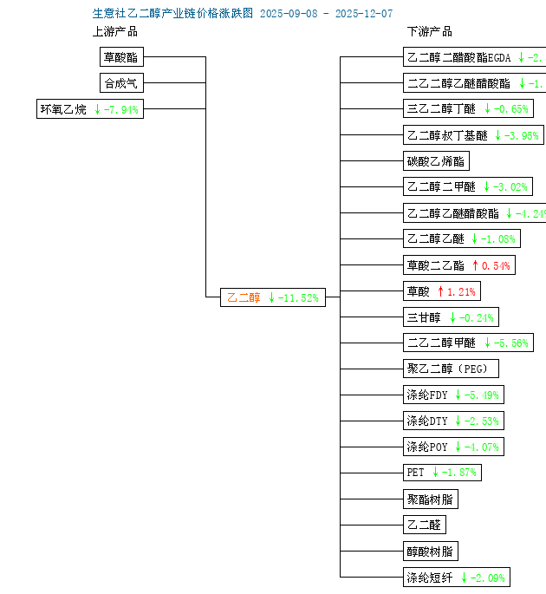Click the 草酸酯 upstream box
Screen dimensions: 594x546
click(120, 58)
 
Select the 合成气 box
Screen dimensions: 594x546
click(120, 84)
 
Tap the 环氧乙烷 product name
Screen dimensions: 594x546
click(63, 110)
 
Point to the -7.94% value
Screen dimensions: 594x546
click(120, 110)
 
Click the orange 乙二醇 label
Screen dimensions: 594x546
click(244, 298)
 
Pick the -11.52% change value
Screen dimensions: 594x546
click(298, 298)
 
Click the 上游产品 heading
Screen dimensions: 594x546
click(114, 32)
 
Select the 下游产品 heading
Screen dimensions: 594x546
click(429, 32)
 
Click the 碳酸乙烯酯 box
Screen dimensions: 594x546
click(436, 161)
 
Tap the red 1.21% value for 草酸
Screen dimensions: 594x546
click(461, 291)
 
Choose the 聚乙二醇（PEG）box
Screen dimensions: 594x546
click(451, 369)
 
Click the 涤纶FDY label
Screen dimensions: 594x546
click(427, 395)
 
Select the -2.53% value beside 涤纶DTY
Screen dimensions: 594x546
click(482, 421)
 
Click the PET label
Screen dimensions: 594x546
click(415, 473)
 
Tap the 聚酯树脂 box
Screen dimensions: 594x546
click(430, 499)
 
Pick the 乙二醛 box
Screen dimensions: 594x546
click(424, 525)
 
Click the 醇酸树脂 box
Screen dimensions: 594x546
click(430, 551)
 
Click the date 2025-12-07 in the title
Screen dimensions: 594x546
click(363, 14)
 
